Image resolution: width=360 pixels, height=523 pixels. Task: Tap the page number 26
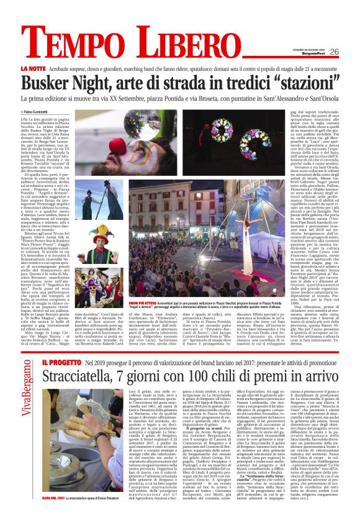(x=334, y=52)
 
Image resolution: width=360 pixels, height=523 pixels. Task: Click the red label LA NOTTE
(x=33, y=68)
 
